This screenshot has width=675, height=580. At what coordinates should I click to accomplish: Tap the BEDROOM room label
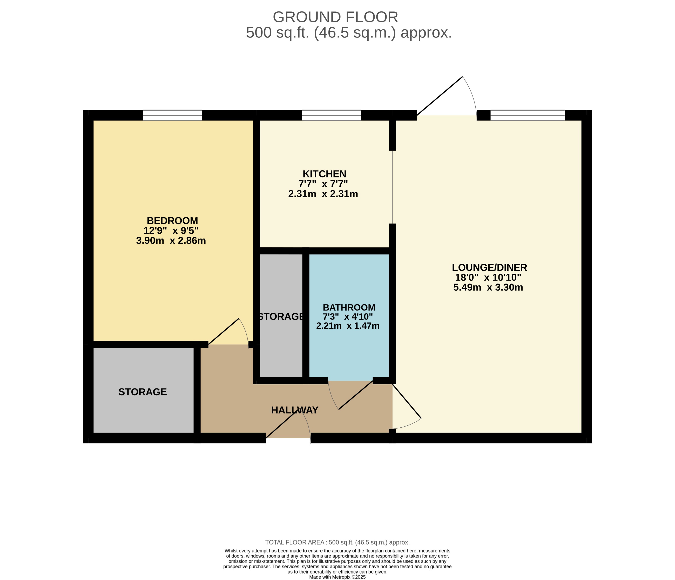click(172, 220)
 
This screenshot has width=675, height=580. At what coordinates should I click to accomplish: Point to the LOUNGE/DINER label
click(489, 267)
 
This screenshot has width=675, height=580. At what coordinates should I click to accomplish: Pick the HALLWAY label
click(294, 410)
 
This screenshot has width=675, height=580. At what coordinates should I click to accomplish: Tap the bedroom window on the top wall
click(172, 115)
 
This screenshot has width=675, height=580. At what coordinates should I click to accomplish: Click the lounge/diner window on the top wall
click(527, 115)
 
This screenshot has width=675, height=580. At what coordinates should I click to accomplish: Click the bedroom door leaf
click(224, 331)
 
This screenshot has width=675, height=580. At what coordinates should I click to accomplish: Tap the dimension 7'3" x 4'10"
click(348, 316)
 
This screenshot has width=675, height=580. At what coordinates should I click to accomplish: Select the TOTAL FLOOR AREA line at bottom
click(337, 542)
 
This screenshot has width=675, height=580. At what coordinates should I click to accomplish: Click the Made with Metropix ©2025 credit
click(337, 577)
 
